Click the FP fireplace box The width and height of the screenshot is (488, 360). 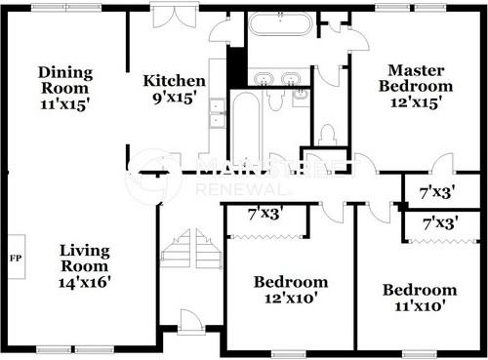pos(17,257)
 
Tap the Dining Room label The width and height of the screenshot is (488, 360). pos(65,80)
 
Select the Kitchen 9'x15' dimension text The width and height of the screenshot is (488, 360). pos(175,98)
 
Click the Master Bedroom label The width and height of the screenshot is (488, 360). pos(416,78)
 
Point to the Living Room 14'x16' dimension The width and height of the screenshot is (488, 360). pos(85,282)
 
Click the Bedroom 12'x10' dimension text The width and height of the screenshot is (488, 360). pos(291,298)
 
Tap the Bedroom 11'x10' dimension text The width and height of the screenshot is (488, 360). pos(420,305)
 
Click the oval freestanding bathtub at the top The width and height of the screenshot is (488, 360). pos(280,23)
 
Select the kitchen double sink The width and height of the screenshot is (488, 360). pos(217,113)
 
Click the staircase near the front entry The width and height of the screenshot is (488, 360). pos(191,249)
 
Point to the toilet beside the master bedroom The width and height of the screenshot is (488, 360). pos(327,135)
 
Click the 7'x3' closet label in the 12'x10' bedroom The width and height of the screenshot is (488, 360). pos(264,214)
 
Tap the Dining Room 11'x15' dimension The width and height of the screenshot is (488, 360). pos(65,104)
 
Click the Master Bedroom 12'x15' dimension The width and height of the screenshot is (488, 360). pos(416,102)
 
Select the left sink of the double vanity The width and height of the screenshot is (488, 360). pos(264,79)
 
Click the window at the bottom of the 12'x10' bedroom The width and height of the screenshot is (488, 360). pos(288,354)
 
